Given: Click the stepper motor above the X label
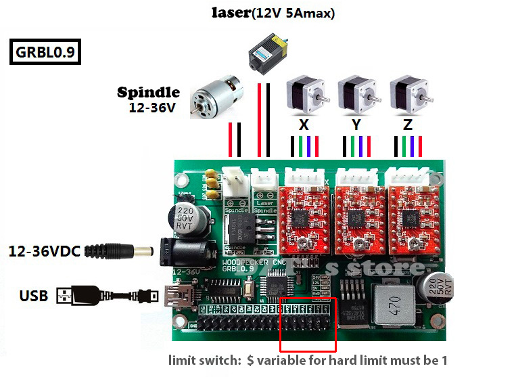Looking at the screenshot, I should coord(304,95).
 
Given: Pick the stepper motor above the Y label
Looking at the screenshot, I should coord(356,95).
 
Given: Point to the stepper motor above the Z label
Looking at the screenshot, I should coord(408,95).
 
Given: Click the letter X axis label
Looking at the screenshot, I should coord(304,125).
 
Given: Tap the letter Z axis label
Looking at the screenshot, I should coord(407,125).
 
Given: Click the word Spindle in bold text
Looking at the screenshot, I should coord(148,93).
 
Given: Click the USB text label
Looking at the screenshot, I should coord(33,296).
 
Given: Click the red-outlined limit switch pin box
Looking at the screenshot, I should coord(308,321).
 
